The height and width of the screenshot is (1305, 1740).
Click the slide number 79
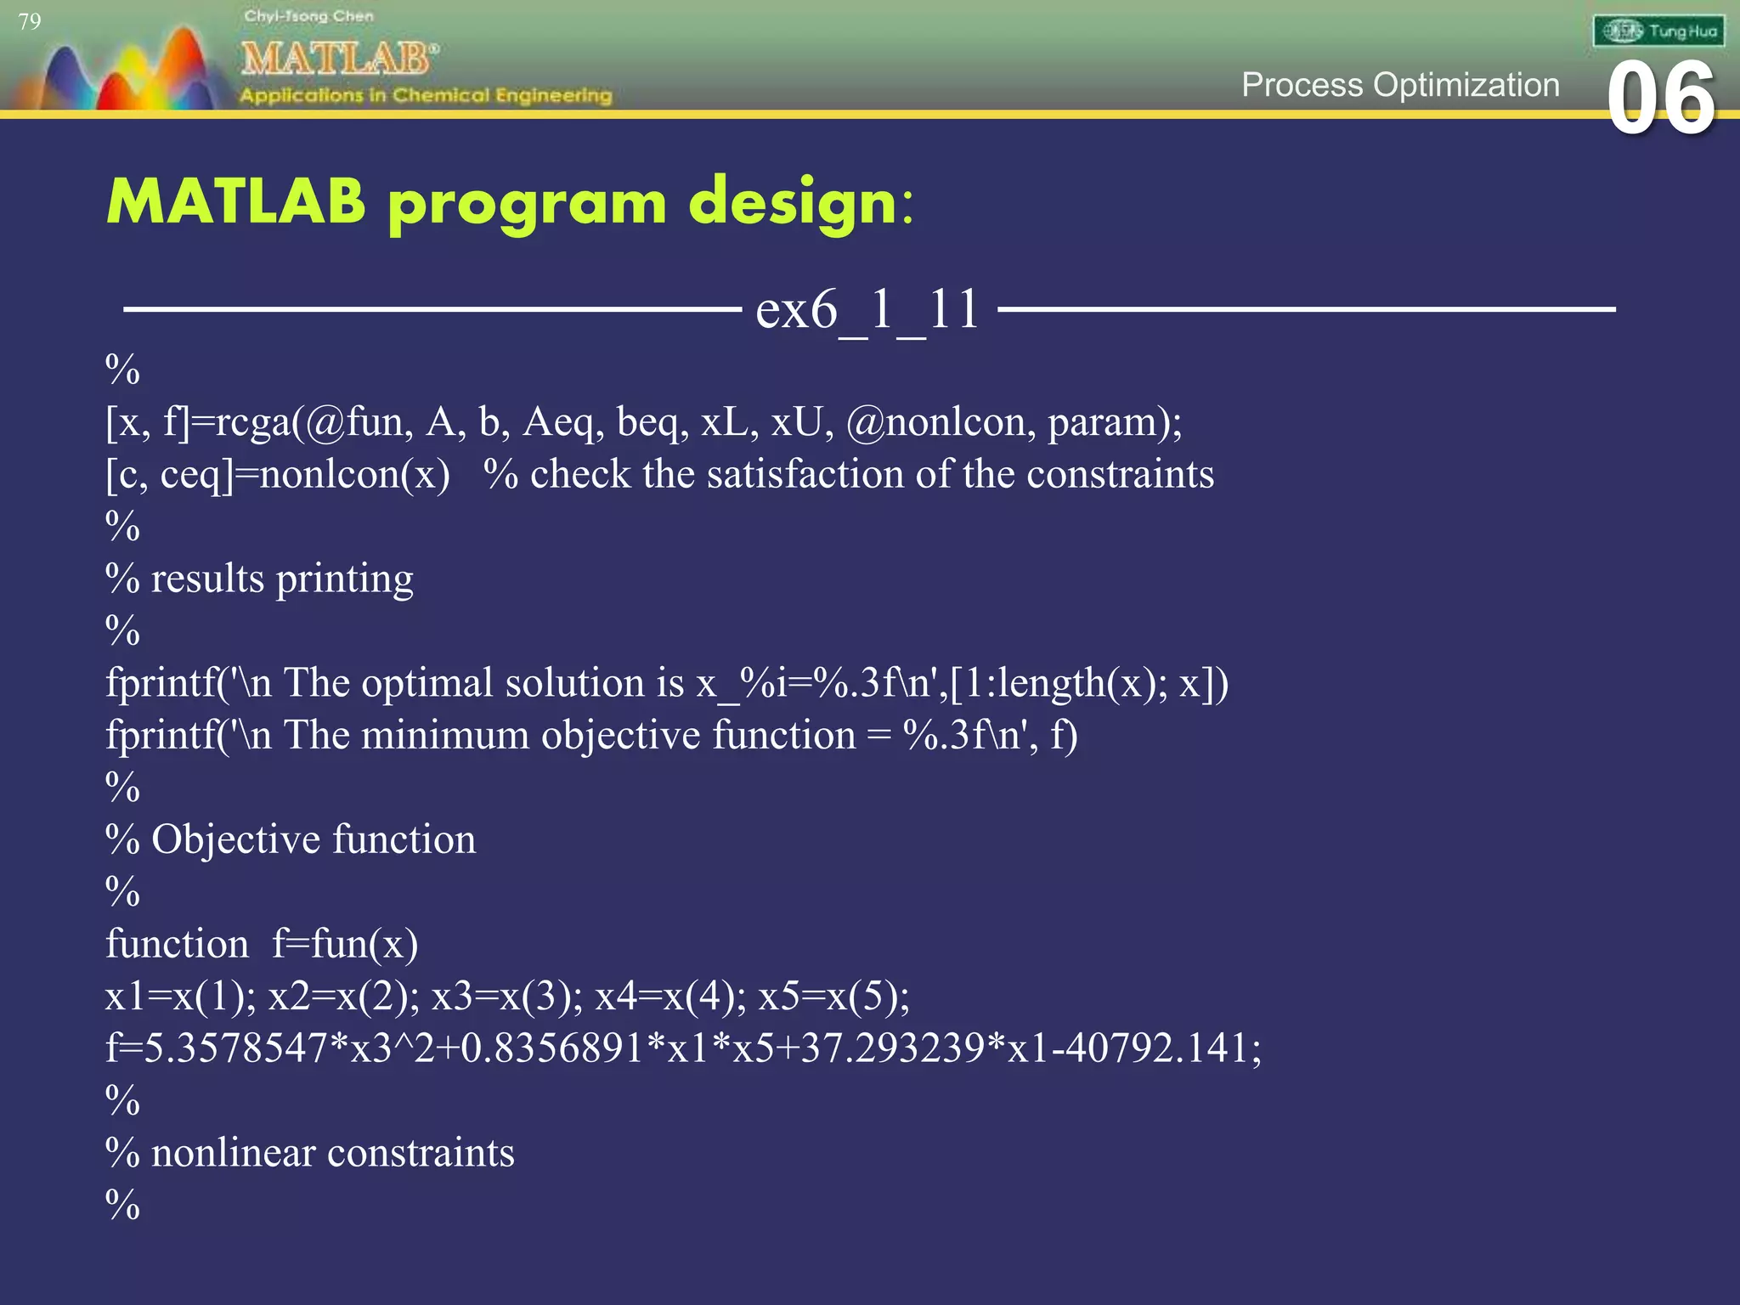point(30,21)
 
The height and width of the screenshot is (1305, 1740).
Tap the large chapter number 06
point(1661,100)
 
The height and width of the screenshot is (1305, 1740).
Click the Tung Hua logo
point(1658,31)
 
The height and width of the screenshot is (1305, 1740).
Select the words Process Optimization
point(1400,85)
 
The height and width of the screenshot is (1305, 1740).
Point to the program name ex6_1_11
point(867,309)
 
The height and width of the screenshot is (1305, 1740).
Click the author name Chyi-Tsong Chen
point(308,16)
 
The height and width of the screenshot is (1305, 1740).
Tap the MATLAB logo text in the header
point(338,59)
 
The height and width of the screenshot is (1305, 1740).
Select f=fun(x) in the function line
point(345,944)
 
